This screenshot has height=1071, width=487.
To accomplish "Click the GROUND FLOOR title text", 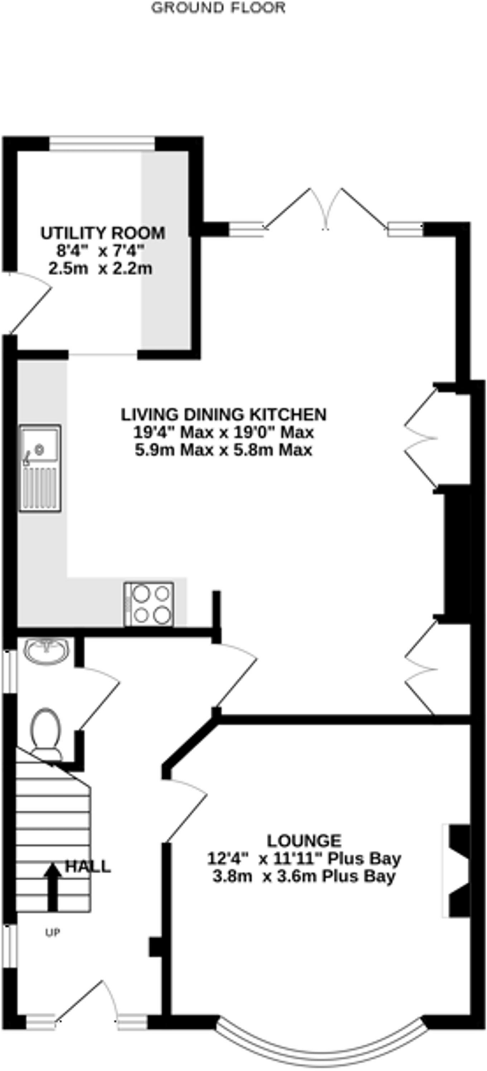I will pos(218,8).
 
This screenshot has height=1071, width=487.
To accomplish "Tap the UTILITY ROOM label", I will pos(103,233).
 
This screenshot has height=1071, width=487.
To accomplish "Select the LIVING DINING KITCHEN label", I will pos(224,414).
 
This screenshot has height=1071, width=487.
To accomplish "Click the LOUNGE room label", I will pos(304,841).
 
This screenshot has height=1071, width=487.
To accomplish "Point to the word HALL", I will pos(88,867).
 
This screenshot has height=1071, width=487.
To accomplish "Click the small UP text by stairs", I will pos(53,932).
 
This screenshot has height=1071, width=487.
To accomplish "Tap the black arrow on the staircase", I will pos(52,887).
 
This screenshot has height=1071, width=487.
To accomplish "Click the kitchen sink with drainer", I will pos(40,468).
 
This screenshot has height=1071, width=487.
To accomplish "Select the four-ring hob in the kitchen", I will pos(149,604).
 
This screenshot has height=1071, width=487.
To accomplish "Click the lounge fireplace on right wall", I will pos(457,871).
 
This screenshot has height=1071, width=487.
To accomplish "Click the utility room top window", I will pos(103,143).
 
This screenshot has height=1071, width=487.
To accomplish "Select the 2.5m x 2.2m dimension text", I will pos(100,269).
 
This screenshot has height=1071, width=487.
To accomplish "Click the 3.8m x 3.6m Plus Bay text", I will pos(303,876).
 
